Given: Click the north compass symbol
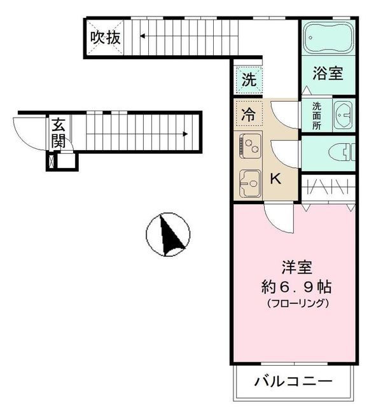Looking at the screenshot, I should [x=168, y=235].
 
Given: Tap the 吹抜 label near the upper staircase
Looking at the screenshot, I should [x=104, y=38].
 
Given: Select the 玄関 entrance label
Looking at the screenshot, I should [x=59, y=132].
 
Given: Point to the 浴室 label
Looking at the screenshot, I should [x=328, y=74].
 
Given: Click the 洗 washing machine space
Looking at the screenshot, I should [x=250, y=81].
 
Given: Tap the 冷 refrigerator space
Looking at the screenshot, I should [x=250, y=116].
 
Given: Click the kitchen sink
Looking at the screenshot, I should [x=249, y=185].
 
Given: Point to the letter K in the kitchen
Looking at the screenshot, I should [x=275, y=179].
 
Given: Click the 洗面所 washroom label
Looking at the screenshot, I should [x=316, y=116].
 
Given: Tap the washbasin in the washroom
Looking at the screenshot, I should [x=343, y=116].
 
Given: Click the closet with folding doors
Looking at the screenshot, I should [x=328, y=188].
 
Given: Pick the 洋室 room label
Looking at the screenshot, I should [x=296, y=267].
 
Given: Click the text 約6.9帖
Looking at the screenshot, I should [x=296, y=287].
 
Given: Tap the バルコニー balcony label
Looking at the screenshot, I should [x=293, y=382].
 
